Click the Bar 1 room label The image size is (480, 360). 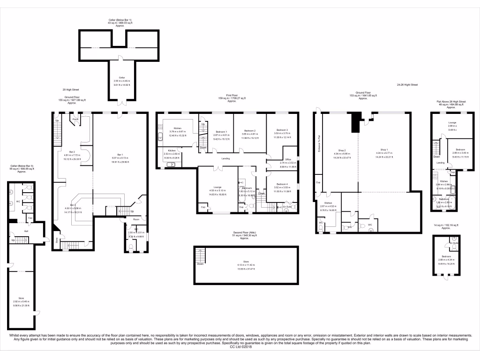point(120,155)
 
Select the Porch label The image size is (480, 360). point(75,119)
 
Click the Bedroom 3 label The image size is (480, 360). point(282,129)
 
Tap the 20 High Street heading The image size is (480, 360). point(70,90)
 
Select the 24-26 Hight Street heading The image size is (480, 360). point(406,85)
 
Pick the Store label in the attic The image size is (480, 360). point(246,262)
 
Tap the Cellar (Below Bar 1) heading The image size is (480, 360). point(120,20)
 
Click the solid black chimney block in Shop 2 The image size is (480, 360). point(357,121)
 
